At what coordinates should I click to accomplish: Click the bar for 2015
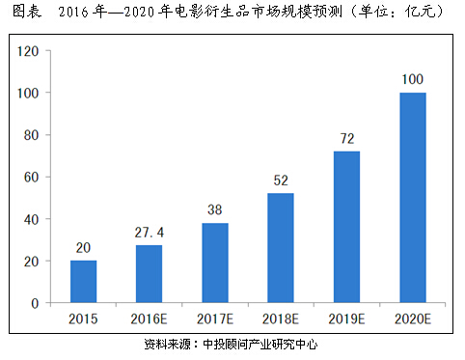pos(83,282)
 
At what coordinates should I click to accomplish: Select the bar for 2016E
pos(149,274)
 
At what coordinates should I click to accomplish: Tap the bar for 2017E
pos(215,263)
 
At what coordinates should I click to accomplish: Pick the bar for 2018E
pos(281,248)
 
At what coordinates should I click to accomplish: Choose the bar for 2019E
pos(346,227)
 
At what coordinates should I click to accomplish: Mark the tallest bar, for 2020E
pos(413,198)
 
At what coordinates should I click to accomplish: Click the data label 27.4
pos(150,233)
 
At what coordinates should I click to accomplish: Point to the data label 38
pos(215,210)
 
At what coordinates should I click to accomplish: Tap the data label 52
pos(281,180)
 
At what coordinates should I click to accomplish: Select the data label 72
pos(347,139)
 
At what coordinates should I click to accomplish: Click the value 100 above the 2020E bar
pos(413,79)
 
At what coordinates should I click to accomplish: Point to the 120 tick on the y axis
pos(28,51)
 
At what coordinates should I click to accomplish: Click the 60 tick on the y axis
pos(32,178)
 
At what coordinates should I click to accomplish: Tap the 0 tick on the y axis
pos(35,303)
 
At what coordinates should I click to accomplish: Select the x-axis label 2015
pos(83,319)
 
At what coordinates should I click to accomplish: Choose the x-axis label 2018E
pos(281,319)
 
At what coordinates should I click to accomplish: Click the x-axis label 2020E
pos(413,319)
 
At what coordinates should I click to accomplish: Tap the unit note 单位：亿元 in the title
pos(397,12)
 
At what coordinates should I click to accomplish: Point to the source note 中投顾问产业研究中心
pos(260,345)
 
